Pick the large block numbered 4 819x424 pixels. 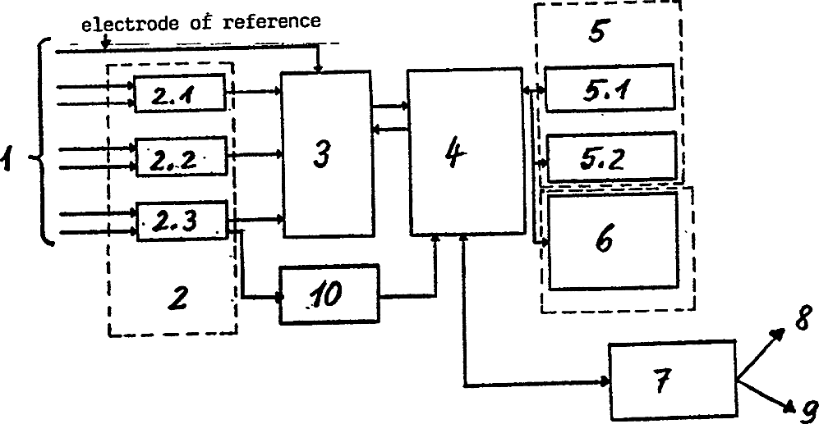tap(466, 153)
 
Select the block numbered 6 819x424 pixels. tap(612, 239)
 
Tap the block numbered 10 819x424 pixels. tap(329, 295)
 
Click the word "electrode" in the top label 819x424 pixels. tap(121, 22)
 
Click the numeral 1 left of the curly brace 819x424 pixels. tap(10, 158)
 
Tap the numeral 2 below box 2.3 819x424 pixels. tap(175, 298)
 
